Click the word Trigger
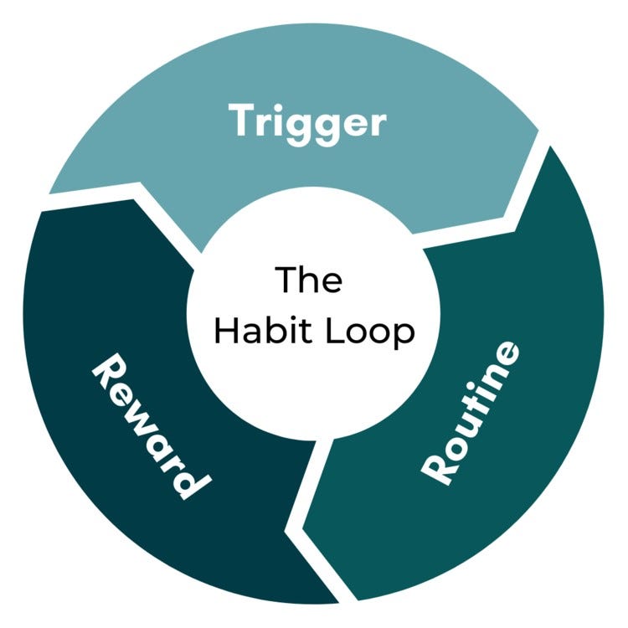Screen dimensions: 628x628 [x=308, y=123]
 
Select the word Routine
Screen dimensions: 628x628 [x=471, y=412]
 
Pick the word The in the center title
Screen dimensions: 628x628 [x=309, y=280]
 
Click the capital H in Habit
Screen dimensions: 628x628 [x=224, y=331]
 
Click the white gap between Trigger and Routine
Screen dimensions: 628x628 [x=528, y=180]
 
